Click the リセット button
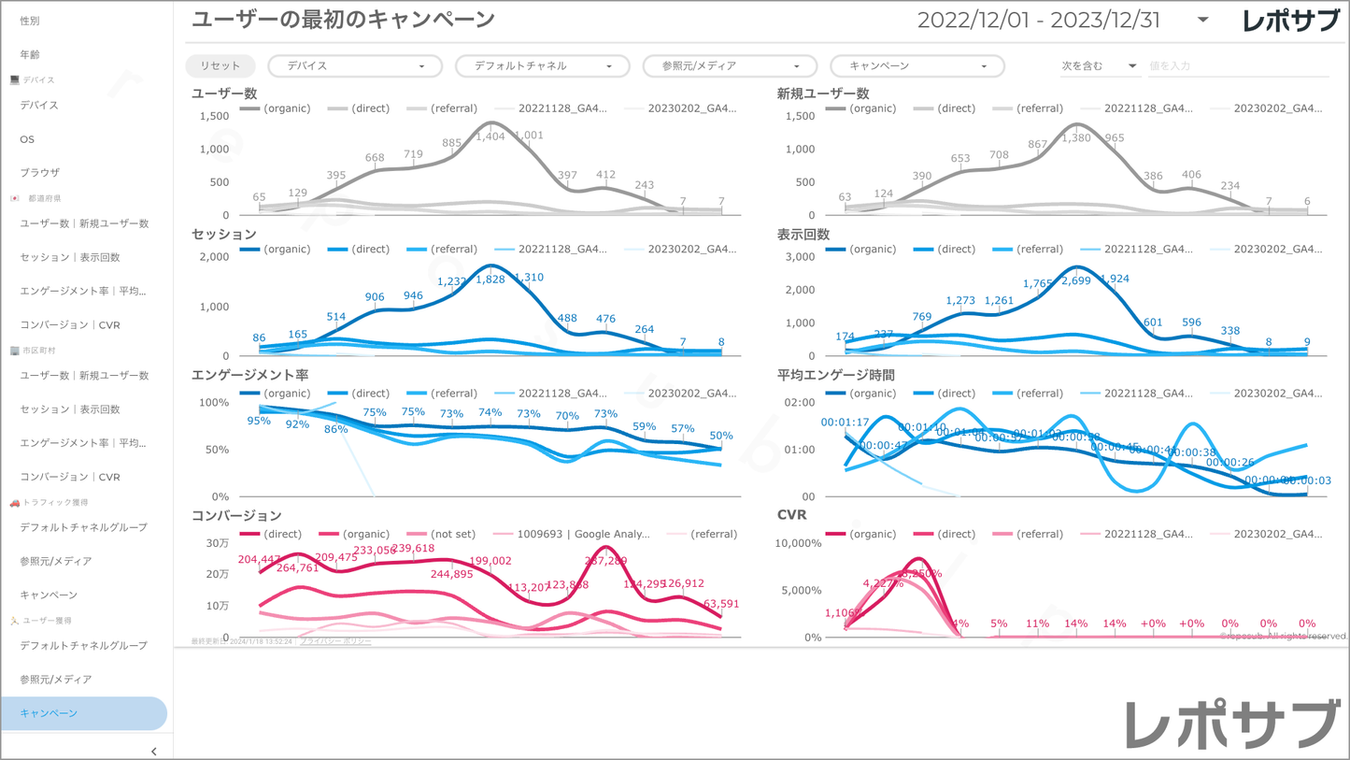220,66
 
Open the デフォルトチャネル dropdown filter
542,66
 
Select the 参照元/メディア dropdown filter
730,66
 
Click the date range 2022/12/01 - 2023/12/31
1038,21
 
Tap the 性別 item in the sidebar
30,21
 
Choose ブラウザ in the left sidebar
40,173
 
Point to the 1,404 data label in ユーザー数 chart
490,136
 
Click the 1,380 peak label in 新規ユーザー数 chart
1076,138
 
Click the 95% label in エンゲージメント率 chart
259,421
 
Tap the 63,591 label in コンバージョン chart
721,604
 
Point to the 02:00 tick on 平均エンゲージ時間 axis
801,403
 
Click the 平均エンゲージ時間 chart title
836,375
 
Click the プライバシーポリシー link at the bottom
335,642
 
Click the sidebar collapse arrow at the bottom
154,751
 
